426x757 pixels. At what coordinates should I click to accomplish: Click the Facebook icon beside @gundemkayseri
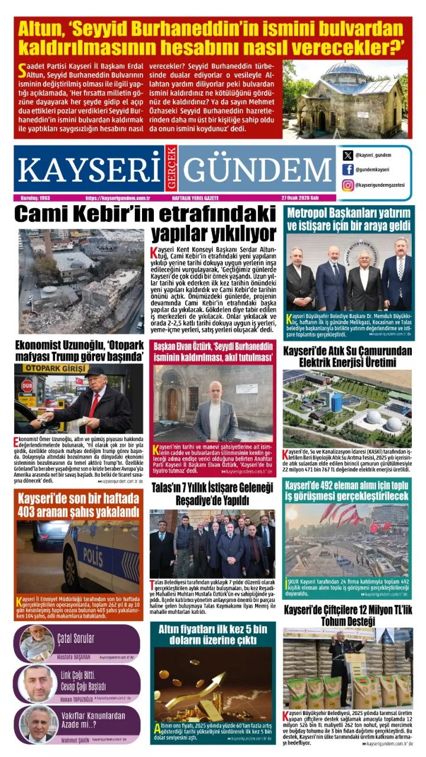pos(348,170)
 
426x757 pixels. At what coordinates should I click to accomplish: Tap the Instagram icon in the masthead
pos(348,185)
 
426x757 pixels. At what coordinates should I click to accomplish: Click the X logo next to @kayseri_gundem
pos(348,156)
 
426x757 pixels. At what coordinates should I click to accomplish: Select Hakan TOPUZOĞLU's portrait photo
pos(38,684)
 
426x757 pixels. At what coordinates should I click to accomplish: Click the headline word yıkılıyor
pos(214,232)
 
